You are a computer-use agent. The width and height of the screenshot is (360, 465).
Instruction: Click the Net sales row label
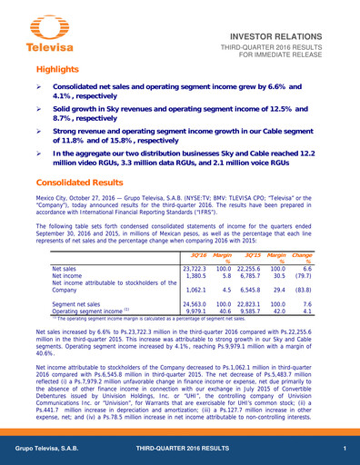[65, 270]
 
